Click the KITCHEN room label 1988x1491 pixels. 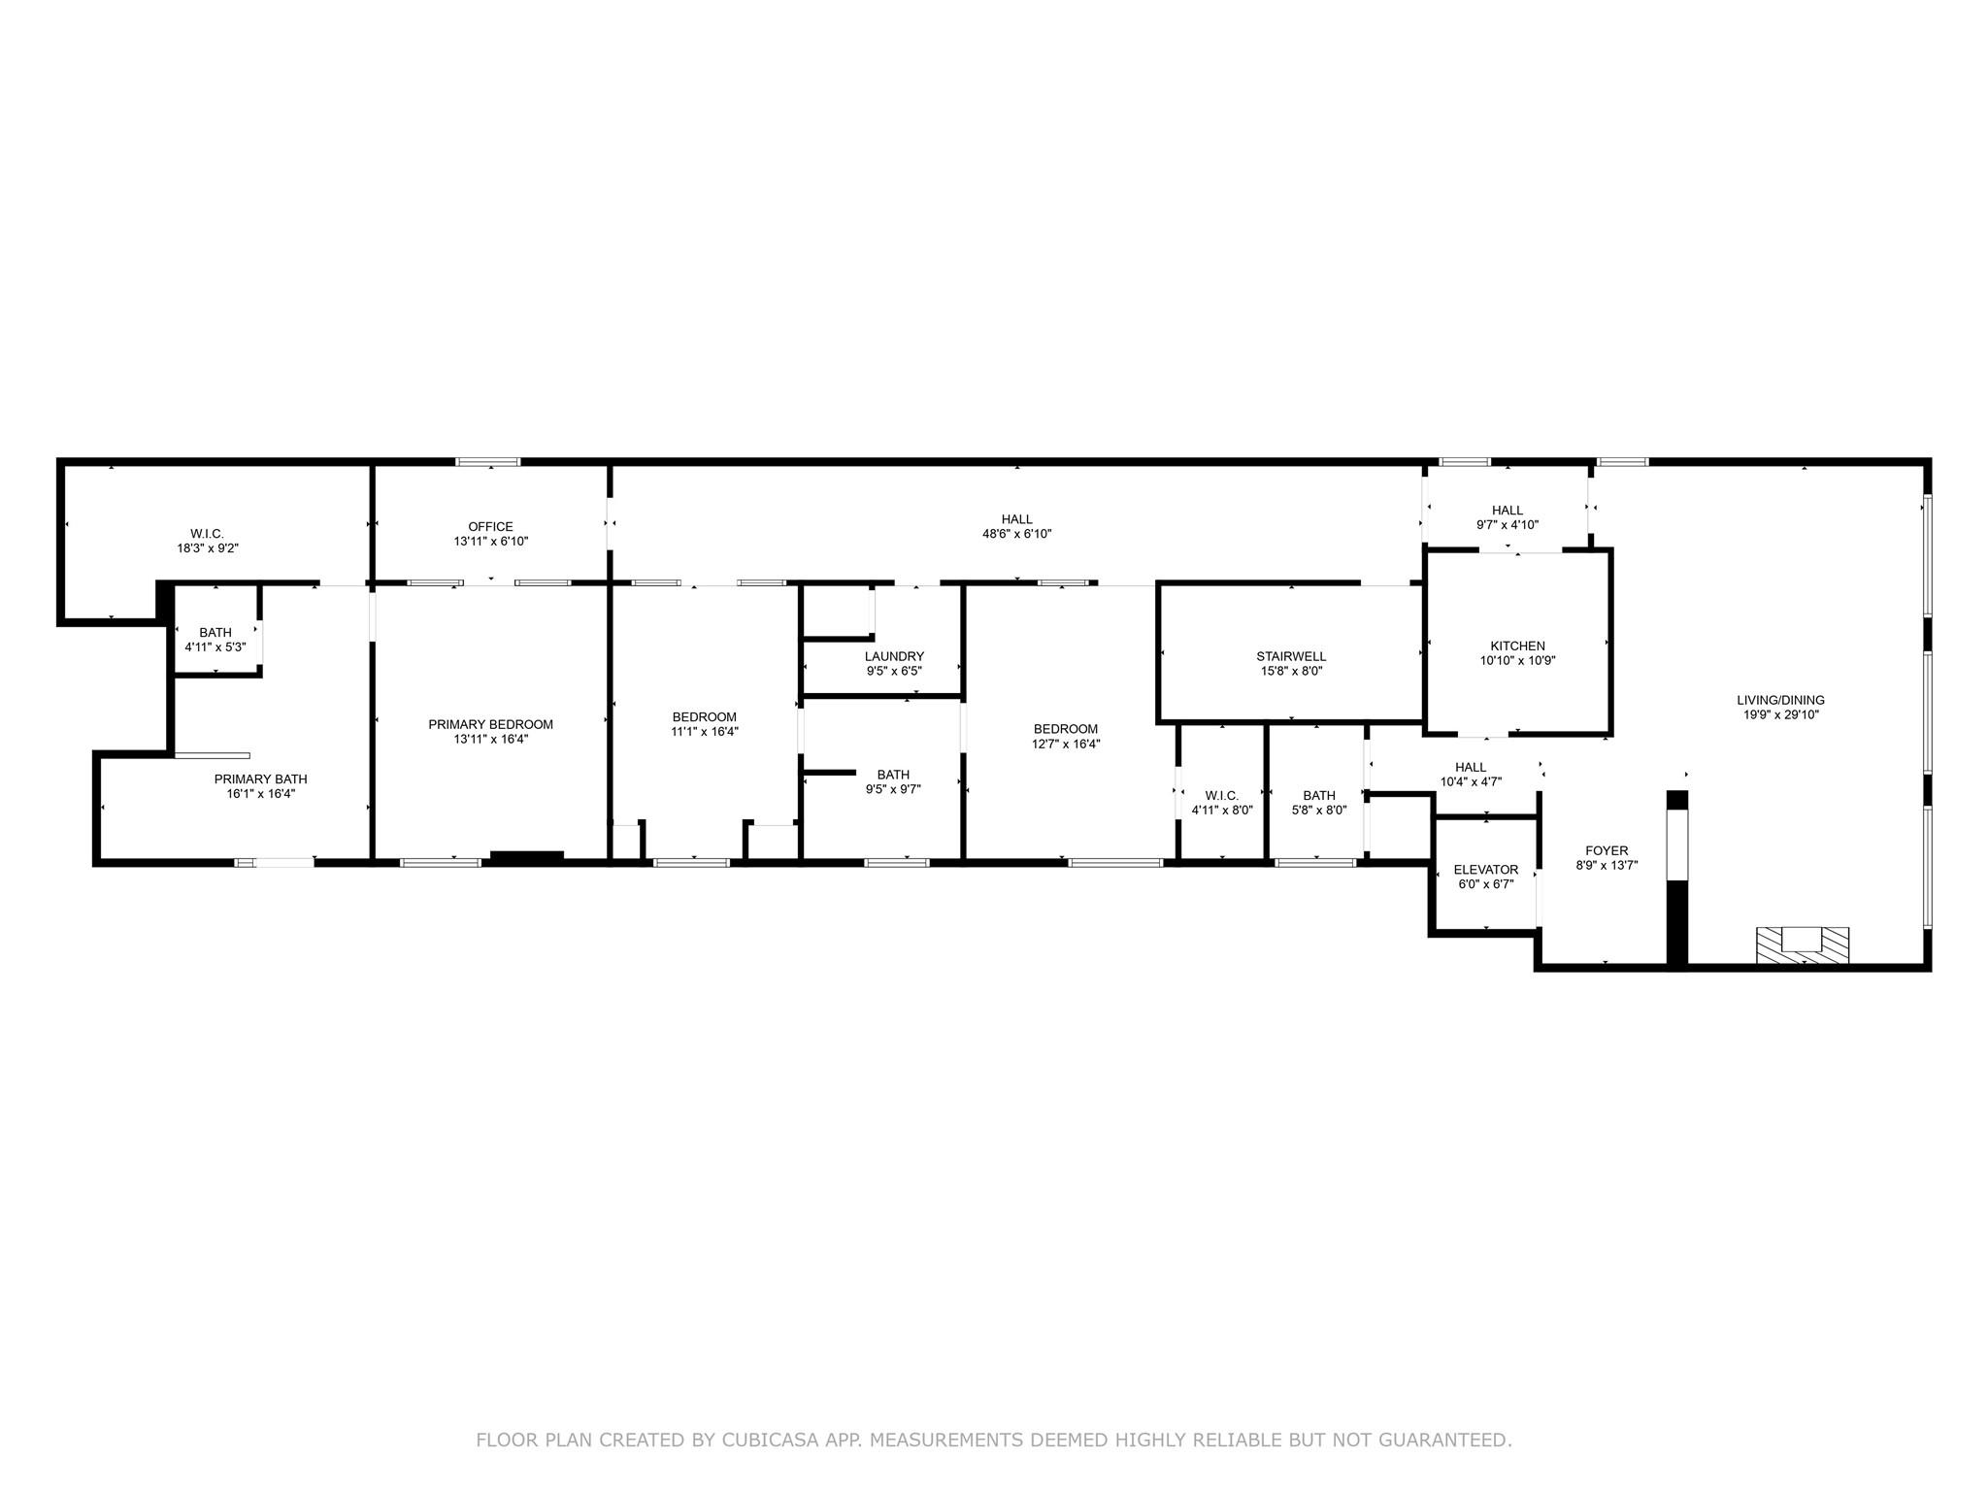coord(1517,646)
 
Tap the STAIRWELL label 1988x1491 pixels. coord(1290,656)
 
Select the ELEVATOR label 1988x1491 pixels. coord(1485,870)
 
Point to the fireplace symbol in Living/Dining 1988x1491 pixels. coord(1803,944)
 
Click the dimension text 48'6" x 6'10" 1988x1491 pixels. coord(1016,534)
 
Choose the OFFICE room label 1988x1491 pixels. coord(490,527)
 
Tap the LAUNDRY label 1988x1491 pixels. coord(894,656)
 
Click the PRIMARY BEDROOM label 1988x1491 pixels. coord(490,724)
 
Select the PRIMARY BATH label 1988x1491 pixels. coord(260,779)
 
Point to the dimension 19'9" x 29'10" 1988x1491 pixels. coord(1780,714)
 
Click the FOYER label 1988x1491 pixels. coord(1607,850)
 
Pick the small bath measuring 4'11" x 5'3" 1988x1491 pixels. coord(215,640)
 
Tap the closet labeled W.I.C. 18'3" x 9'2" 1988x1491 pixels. coord(207,541)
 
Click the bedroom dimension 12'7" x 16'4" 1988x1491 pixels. coord(1065,745)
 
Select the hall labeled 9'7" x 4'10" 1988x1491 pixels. coord(1507,517)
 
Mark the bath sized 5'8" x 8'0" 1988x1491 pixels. coord(1319,803)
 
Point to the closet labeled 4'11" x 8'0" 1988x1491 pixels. coord(1221,803)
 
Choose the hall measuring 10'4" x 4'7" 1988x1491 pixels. coord(1471,775)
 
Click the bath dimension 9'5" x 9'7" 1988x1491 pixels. coord(893,789)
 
